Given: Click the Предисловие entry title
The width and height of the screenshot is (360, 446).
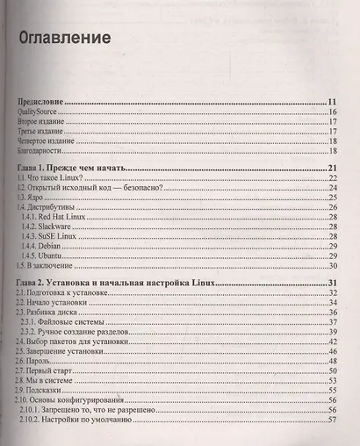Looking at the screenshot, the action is tap(44, 102).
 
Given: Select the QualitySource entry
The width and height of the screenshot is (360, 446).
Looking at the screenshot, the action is tap(43, 114).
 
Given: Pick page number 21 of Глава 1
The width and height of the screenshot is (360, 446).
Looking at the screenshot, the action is tap(333, 169).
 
